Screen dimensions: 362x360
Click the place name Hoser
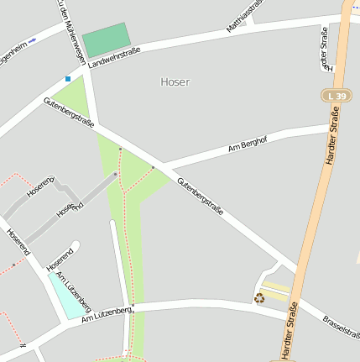[x=175, y=82]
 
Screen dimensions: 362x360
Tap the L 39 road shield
[x=334, y=97]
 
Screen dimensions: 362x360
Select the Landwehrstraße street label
[x=113, y=57]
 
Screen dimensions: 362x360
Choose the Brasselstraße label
[x=341, y=327]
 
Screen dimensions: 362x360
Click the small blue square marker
[x=68, y=79]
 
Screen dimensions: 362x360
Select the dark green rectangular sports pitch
[x=107, y=39]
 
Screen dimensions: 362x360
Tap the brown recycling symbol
[x=259, y=297]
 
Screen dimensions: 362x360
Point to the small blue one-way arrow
[x=32, y=40]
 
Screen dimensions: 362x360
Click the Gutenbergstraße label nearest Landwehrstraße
[x=69, y=114]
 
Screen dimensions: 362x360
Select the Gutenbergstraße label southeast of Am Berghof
[x=200, y=195]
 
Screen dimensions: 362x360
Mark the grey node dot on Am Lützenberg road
[x=133, y=305]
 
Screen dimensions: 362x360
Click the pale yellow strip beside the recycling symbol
[x=278, y=293]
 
